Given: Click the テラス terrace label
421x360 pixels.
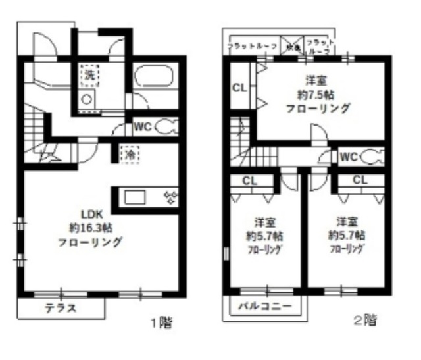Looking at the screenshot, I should [61, 307].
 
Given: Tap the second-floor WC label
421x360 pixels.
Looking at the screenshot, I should [349, 157].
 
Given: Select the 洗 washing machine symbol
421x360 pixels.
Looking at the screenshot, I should [89, 75].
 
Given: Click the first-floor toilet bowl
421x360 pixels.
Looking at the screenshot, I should [166, 126].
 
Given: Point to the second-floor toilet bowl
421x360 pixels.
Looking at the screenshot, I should [371, 157].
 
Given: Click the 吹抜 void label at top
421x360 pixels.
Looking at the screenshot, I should [291, 47].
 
